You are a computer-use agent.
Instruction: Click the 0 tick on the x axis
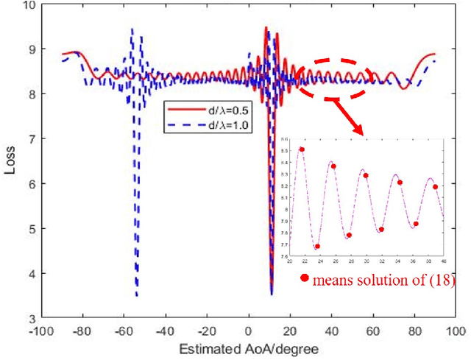point(249,331)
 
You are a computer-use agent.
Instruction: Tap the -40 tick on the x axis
point(166,331)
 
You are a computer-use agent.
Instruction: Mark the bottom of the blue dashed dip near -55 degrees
point(137,295)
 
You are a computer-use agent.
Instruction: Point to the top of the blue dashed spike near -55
point(132,29)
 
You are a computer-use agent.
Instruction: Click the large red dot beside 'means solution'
point(304,278)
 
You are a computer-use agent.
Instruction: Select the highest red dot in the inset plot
point(302,149)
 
